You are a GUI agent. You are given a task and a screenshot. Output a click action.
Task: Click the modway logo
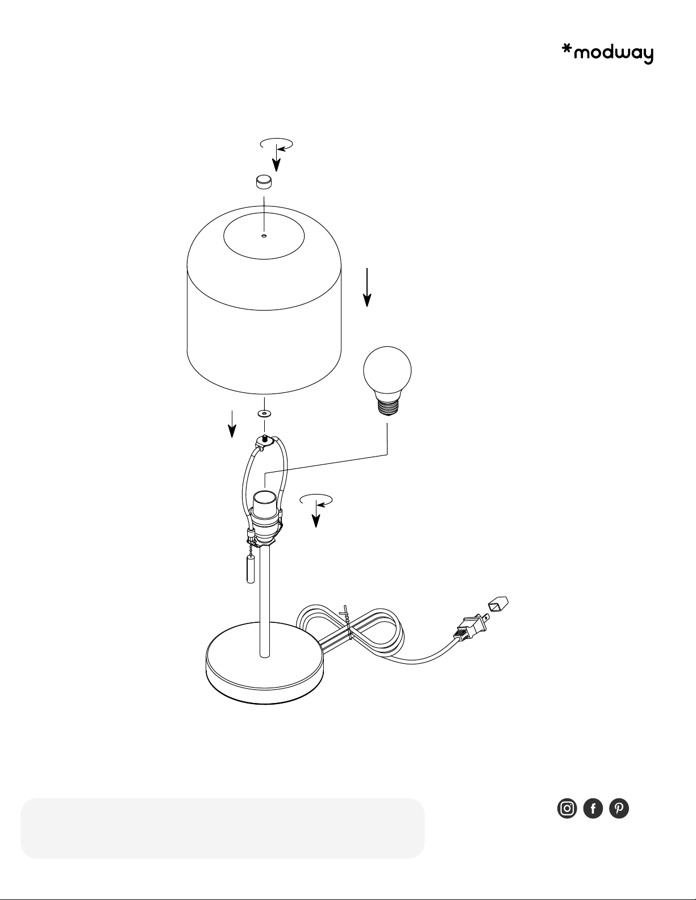[x=607, y=55]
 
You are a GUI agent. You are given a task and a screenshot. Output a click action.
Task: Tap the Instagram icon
[x=567, y=808]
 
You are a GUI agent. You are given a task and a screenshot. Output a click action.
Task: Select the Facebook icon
[x=593, y=808]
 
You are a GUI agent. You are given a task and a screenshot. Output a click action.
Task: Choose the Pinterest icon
[x=619, y=808]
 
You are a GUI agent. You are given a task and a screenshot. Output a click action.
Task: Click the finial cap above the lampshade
[x=264, y=182]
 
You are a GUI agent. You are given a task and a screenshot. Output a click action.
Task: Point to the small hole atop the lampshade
[x=264, y=236]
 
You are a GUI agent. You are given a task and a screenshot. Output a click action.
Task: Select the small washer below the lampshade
[x=264, y=413]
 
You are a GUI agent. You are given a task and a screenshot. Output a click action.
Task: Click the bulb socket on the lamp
[x=265, y=518]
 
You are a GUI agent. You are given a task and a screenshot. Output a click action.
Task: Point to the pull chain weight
[x=250, y=570]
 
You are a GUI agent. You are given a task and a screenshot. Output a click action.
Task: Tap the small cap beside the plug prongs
[x=498, y=604]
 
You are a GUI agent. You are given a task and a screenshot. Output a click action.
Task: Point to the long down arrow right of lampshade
[x=367, y=287]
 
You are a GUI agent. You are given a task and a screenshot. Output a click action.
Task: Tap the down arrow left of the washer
[x=232, y=424]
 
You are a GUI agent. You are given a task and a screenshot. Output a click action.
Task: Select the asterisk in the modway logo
[x=567, y=50]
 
